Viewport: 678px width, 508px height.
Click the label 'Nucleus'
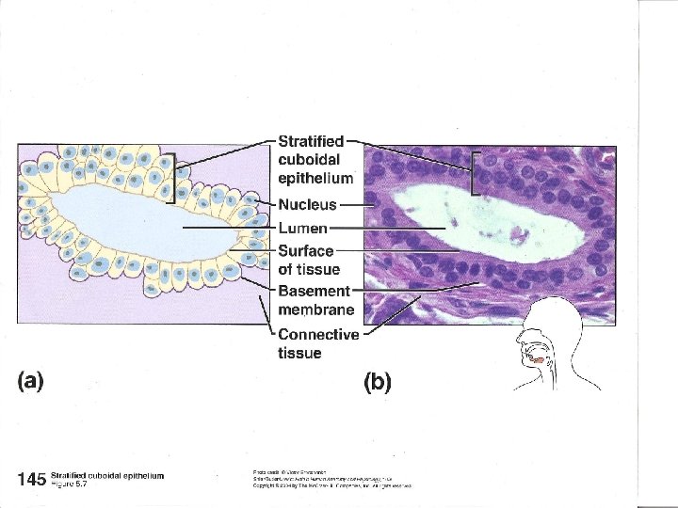307,205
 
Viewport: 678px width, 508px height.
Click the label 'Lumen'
302,228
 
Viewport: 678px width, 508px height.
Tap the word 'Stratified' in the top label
311,141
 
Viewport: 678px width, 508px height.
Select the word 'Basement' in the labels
314,291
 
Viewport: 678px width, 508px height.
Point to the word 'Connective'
318,335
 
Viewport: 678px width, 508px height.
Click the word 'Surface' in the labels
305,250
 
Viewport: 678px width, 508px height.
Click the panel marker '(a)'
31,381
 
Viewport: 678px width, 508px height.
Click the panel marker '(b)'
378,382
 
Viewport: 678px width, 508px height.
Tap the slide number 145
31,479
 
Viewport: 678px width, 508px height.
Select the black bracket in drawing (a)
172,177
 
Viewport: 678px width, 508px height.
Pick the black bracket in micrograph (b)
475,172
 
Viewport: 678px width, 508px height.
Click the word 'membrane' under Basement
316,310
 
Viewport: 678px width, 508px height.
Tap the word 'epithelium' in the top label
315,178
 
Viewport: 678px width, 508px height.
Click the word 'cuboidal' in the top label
307,159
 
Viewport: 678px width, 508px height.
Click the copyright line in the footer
331,485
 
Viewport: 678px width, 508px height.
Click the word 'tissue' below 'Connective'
299,354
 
